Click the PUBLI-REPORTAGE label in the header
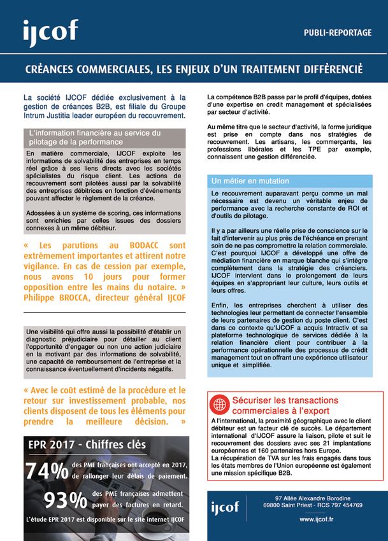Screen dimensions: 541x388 (x=337, y=32)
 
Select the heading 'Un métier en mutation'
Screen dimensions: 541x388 (x=250, y=181)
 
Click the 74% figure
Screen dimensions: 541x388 (x=47, y=471)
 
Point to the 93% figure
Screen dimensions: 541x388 (x=64, y=500)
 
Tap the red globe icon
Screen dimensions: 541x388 (x=220, y=405)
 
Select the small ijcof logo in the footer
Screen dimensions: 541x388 (x=225, y=507)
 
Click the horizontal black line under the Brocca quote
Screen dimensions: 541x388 (x=104, y=313)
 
